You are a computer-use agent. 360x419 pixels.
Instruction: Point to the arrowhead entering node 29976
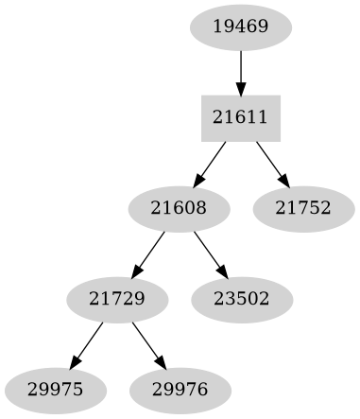(162, 363)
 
